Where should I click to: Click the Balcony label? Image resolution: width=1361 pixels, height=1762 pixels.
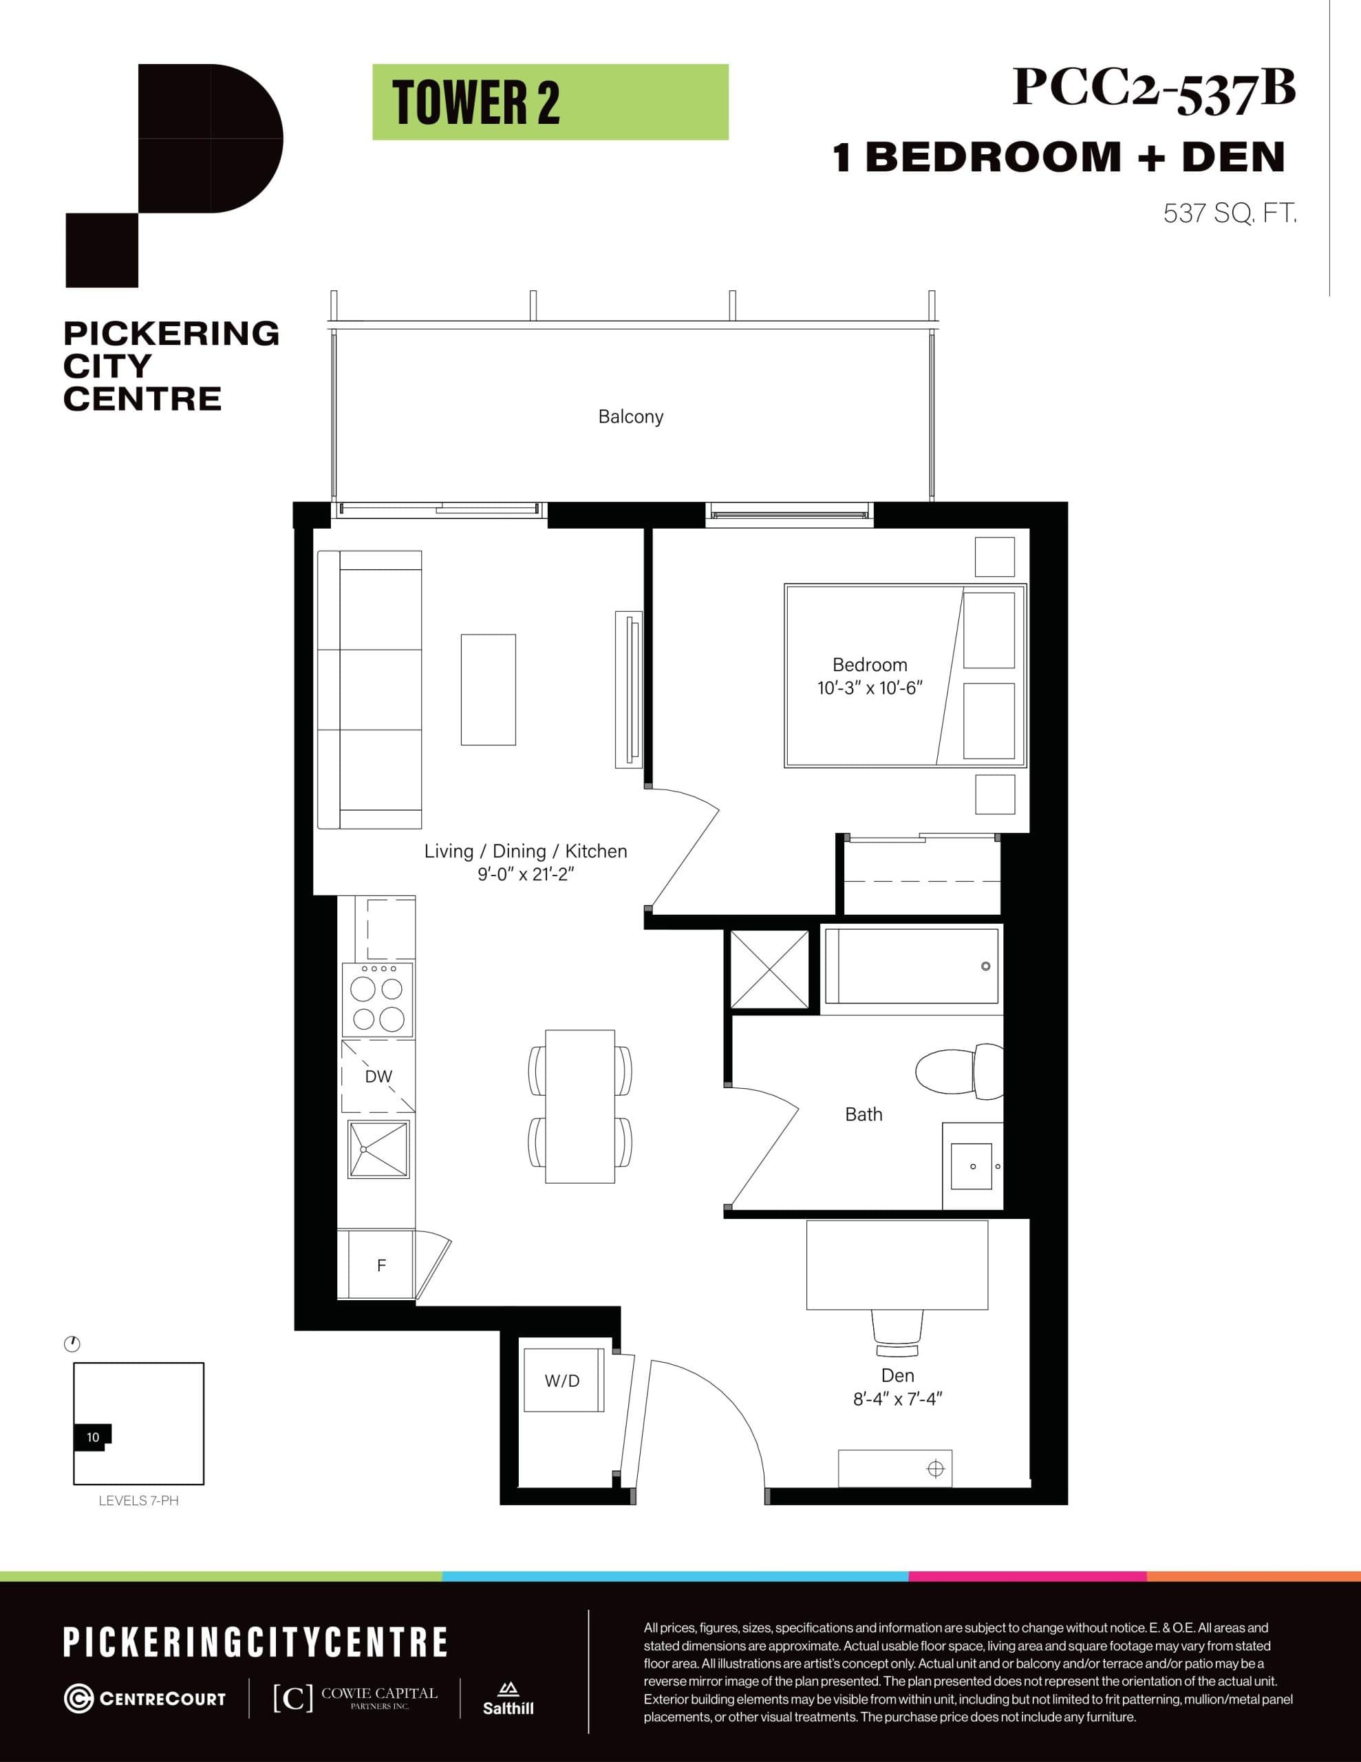[630, 417]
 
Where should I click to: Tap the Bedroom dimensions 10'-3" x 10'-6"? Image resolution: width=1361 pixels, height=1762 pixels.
[869, 688]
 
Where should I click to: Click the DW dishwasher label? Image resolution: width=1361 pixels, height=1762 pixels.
[378, 1076]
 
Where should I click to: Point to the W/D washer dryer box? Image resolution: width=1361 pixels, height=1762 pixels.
[562, 1381]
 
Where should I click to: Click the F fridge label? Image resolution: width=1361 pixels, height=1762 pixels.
[382, 1266]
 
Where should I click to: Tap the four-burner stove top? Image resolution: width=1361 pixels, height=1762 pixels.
[378, 999]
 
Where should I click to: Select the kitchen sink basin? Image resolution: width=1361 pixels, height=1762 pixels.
[378, 1149]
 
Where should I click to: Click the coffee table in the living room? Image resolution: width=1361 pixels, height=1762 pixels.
[488, 690]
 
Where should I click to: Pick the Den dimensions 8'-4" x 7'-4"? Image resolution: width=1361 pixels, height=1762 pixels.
[897, 1399]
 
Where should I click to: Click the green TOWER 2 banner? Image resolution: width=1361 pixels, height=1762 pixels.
[550, 103]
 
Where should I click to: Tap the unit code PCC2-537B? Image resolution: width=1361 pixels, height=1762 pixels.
[1154, 88]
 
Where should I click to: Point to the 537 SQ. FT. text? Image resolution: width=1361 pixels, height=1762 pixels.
[1230, 214]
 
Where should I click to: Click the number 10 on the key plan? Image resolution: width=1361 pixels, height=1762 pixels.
[93, 1437]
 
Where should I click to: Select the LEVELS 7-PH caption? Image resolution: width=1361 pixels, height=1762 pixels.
[138, 1500]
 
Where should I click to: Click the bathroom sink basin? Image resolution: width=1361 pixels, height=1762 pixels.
[972, 1167]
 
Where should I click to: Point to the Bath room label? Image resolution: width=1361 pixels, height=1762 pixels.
[864, 1114]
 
